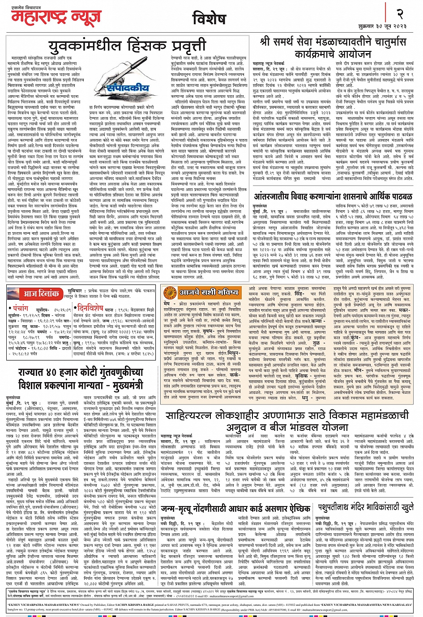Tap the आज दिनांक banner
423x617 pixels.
[42, 294]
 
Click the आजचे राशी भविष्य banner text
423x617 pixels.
[209, 293]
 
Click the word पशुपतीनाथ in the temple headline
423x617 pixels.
[342, 507]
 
